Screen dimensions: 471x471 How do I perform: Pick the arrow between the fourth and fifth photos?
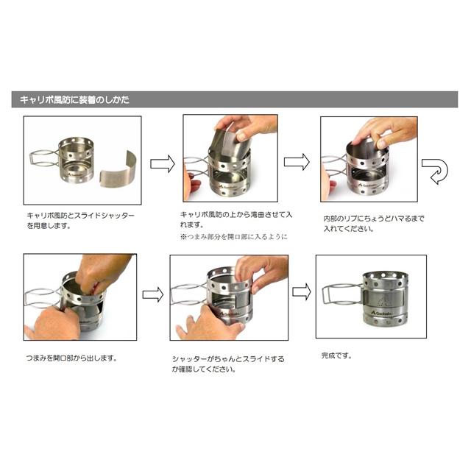pos(152,294)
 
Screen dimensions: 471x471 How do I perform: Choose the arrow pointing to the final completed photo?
pos(301,291)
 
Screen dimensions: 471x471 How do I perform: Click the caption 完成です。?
pos(337,356)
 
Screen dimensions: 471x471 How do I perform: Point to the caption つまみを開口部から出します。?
pos(71,359)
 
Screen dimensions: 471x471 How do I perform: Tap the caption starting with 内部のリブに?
pos(375,224)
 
